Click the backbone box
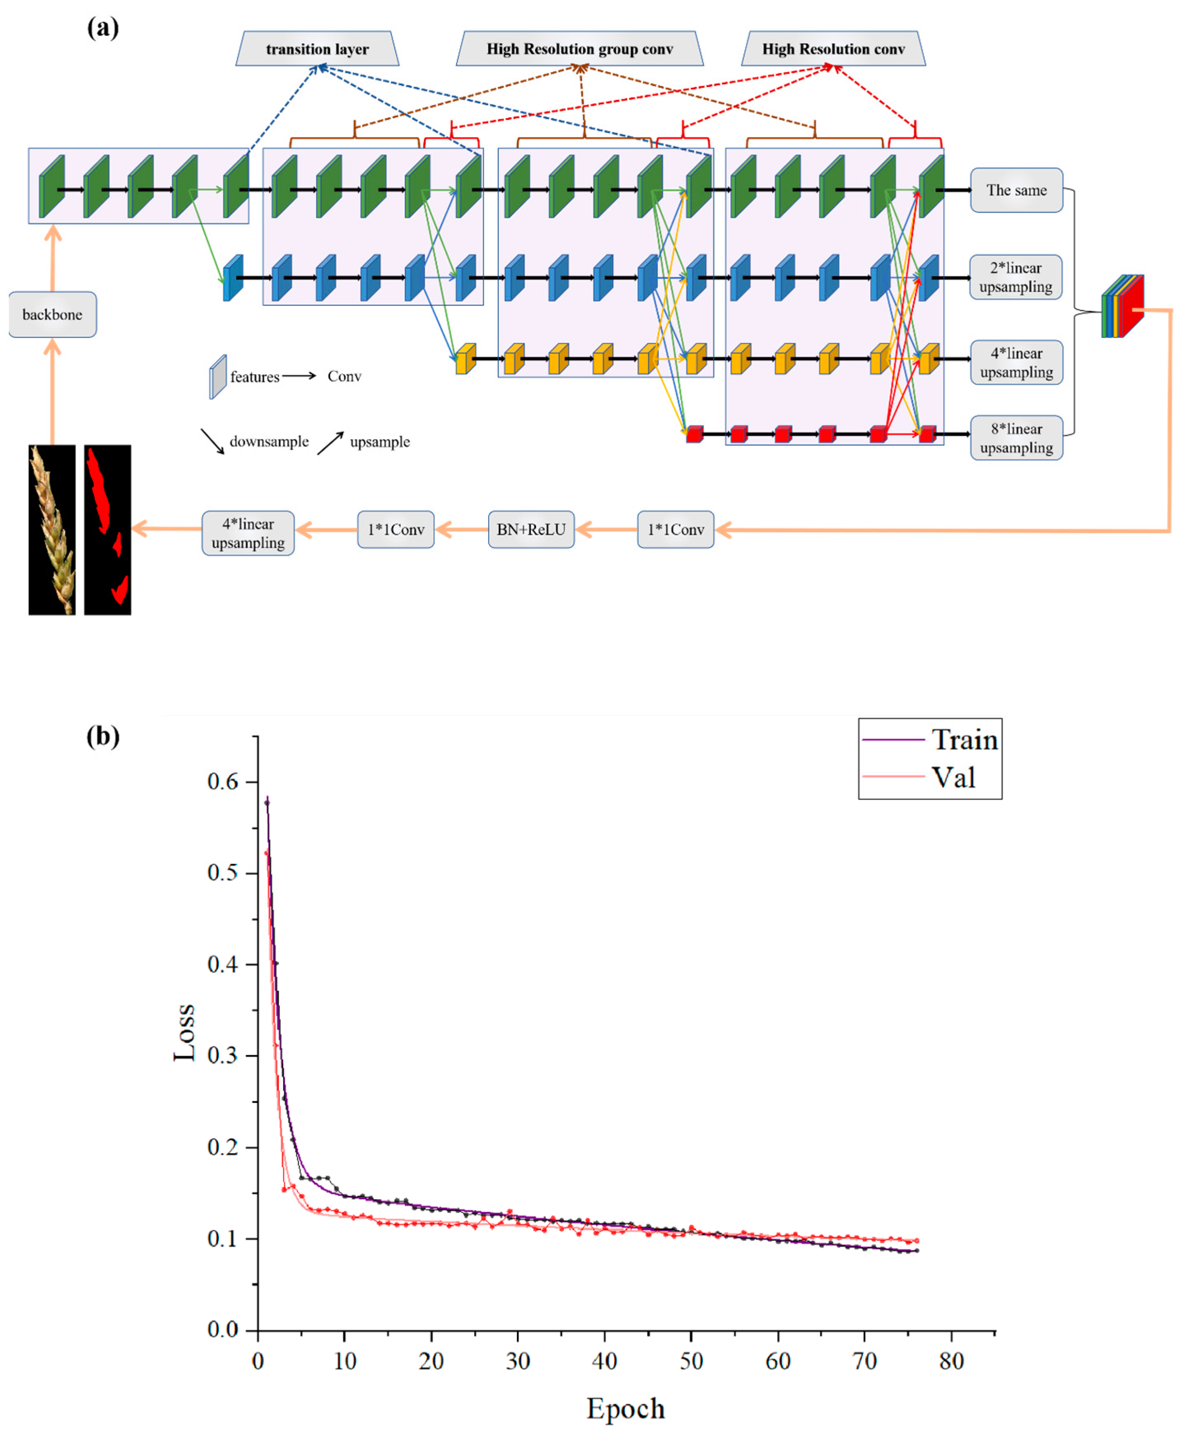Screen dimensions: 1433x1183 tap(52, 314)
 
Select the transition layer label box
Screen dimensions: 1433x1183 tap(317, 49)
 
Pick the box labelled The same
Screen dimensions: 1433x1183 tap(1016, 190)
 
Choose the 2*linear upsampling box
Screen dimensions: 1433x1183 tap(1015, 277)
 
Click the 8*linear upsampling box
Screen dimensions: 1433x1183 tap(1016, 438)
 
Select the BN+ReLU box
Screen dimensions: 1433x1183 tap(531, 529)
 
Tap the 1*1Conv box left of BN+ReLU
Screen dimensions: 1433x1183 tap(396, 529)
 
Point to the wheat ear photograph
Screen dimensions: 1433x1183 tap(52, 529)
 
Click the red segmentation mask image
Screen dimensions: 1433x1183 tap(108, 529)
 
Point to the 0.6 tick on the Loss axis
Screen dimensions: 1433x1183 tap(223, 782)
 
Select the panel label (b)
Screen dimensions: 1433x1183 tap(103, 736)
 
